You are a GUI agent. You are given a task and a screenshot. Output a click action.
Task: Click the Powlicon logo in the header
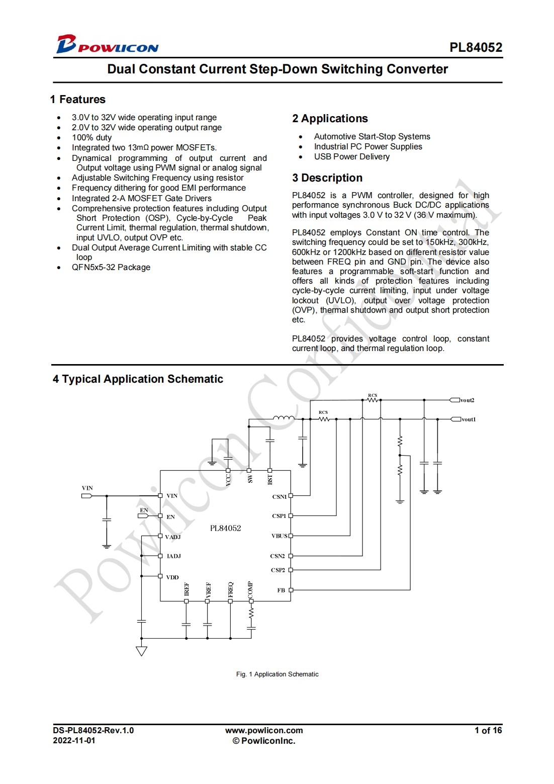tap(107, 45)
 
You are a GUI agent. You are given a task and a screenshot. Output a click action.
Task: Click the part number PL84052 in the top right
tap(476, 47)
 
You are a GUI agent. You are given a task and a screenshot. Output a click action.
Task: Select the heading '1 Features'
tap(78, 100)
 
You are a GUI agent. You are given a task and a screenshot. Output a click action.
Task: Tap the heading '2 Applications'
tap(330, 119)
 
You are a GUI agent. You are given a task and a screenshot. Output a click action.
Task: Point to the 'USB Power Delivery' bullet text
tap(351, 157)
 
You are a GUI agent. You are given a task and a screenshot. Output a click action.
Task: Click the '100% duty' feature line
tap(91, 138)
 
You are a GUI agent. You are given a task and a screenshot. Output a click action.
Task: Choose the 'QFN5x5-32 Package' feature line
tap(111, 268)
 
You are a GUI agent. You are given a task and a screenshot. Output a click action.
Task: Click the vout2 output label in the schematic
tap(467, 400)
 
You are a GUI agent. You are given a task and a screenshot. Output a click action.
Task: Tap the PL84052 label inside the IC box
tap(225, 528)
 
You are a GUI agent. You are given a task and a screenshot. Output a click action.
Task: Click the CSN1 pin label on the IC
tap(279, 497)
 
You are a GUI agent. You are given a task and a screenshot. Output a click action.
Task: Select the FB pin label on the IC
tap(281, 590)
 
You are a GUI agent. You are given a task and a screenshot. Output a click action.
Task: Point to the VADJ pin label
tap(172, 537)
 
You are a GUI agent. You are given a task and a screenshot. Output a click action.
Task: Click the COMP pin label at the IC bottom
tap(250, 589)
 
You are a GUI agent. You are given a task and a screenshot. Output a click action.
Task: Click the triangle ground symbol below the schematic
tap(141, 651)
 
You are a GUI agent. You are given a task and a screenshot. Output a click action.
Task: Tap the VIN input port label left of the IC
tap(87, 488)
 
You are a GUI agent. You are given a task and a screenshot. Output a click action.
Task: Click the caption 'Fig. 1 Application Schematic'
tap(277, 674)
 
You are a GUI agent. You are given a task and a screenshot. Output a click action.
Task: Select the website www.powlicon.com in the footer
tap(264, 731)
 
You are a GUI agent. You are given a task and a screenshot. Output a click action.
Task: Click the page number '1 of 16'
tap(488, 731)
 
